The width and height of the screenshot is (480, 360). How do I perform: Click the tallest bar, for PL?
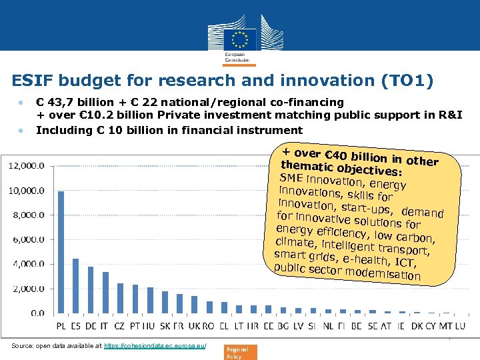61,252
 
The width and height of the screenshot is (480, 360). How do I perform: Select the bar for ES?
76,285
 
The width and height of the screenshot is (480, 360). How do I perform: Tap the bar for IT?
105,292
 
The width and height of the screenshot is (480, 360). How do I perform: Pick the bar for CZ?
121,297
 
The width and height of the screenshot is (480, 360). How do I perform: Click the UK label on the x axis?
194,327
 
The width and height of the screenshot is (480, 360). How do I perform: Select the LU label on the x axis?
460,327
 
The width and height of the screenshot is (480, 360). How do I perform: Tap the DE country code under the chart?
91,327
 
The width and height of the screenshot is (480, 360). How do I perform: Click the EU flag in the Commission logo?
240,37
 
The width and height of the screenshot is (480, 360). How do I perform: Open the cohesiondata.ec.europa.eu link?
155,346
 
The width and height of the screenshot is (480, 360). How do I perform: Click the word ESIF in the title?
31,81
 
